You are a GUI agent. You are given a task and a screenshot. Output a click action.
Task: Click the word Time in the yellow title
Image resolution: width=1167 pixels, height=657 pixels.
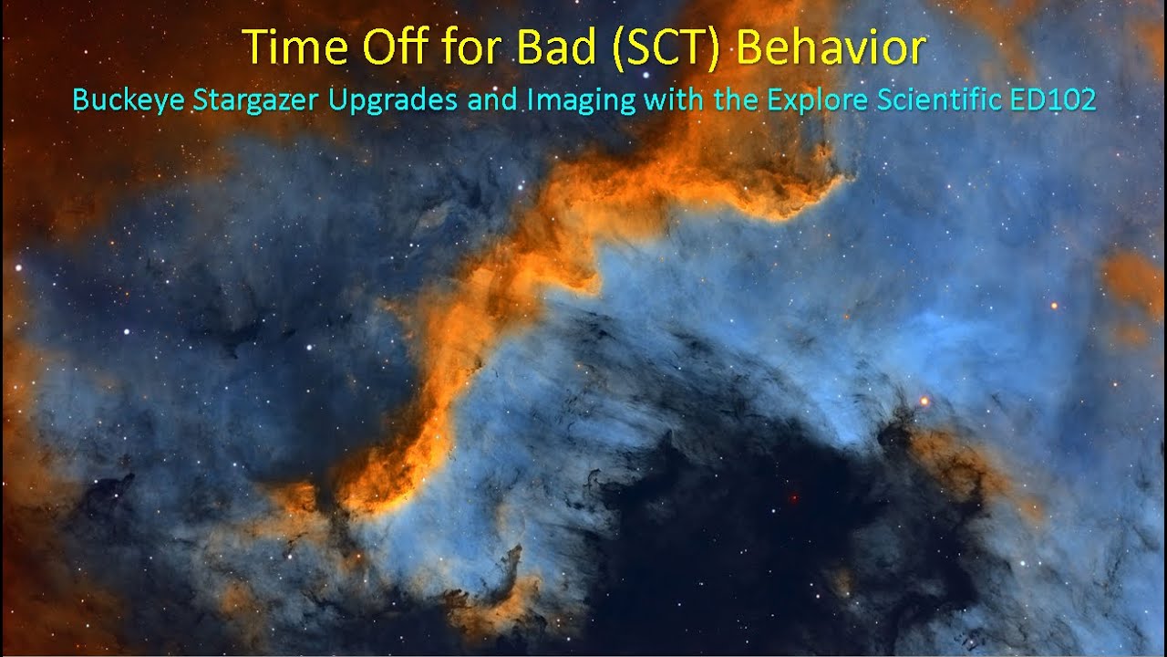[294, 47]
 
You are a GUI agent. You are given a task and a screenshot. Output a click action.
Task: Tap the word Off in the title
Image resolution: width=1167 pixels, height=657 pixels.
[397, 46]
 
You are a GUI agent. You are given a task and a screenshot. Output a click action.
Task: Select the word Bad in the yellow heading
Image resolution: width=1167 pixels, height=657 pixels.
[556, 46]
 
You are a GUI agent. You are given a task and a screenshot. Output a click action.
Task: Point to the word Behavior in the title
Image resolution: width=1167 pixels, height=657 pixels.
[831, 46]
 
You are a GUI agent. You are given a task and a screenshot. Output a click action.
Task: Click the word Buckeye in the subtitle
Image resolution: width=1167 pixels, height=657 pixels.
[129, 99]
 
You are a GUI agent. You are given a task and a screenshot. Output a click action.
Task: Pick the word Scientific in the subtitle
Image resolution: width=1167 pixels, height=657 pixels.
[939, 99]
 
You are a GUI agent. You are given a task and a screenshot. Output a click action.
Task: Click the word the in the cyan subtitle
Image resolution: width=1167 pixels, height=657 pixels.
[736, 99]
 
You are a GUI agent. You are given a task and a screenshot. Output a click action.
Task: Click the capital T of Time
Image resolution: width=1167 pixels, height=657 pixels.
[256, 47]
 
